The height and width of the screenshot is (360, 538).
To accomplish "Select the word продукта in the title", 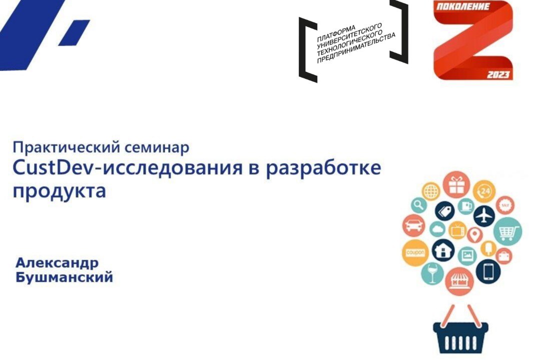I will coord(60,190).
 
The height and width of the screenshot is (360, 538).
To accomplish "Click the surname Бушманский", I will coord(64,277).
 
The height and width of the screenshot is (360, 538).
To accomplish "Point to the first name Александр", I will coord(57,263).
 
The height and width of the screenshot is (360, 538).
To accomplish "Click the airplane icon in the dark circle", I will coord(483,215).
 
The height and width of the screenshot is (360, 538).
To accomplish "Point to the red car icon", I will coord(414,226).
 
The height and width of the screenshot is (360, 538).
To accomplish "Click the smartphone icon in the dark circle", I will coord(488,271).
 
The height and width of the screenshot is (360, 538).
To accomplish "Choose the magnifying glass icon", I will coord(419,204).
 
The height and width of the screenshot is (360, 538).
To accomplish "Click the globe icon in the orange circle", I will coord(430,190).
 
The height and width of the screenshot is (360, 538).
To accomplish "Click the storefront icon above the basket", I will coord(459,280).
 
